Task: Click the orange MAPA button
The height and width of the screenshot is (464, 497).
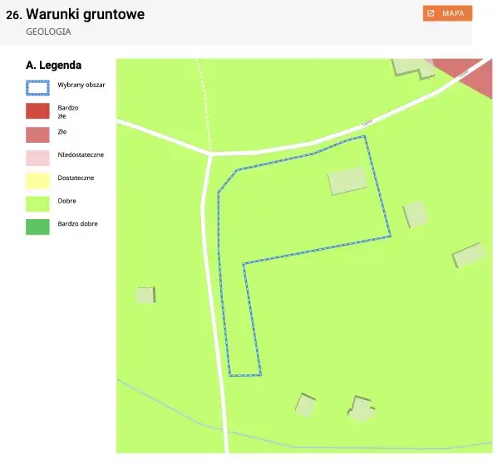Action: (447, 13)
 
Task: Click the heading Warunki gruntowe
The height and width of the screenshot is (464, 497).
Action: (86, 14)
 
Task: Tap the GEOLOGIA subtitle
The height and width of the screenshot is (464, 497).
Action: (48, 32)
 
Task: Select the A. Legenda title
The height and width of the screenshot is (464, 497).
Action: (53, 65)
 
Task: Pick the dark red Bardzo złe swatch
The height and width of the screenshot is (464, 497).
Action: (37, 110)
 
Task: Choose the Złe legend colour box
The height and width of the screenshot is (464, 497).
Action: (37, 133)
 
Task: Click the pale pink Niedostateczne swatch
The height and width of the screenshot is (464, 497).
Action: (37, 155)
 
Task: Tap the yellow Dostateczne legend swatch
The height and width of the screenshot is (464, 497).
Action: (37, 178)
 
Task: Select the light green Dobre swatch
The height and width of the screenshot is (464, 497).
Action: (37, 202)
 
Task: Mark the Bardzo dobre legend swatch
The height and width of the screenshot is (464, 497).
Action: (37, 224)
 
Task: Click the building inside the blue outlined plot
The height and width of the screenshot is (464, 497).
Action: (347, 180)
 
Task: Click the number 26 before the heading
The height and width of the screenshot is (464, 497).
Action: (12, 15)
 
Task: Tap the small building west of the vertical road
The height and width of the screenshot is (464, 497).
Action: (145, 295)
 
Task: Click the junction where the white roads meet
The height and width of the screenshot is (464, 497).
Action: (210, 154)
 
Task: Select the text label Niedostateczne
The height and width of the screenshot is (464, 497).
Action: (81, 155)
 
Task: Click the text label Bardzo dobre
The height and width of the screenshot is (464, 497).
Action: (78, 224)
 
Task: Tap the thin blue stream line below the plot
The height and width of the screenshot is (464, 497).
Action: (166, 406)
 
